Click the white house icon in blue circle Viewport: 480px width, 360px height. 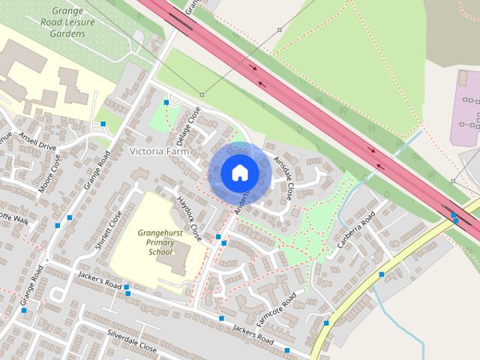click(x=239, y=172)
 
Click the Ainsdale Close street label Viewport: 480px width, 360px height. click(x=283, y=177)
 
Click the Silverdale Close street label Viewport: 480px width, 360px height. click(x=132, y=340)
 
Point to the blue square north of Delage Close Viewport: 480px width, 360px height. click(x=166, y=101)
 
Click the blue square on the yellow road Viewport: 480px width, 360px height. click(x=382, y=274)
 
